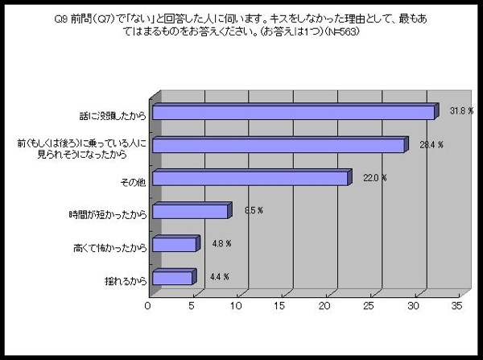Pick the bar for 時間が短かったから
click(x=190, y=212)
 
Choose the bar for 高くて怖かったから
click(x=174, y=244)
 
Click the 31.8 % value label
click(x=460, y=110)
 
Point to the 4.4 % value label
click(x=217, y=276)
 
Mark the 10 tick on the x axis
click(x=237, y=306)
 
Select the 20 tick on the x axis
click(x=326, y=306)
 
